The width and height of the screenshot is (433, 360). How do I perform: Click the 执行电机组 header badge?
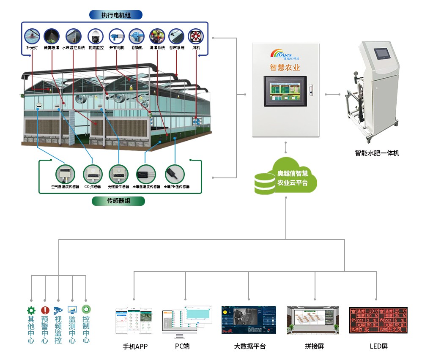tap(116, 15)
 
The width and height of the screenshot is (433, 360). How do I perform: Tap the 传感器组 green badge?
tap(118, 201)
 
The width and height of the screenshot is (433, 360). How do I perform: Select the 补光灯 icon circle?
tap(32, 36)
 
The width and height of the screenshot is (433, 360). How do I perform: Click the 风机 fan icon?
tap(196, 36)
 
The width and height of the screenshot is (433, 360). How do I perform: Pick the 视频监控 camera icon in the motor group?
tap(96, 36)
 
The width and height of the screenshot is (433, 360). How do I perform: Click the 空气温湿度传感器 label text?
tap(65, 186)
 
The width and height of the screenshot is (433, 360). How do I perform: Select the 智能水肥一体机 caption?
tap(377, 153)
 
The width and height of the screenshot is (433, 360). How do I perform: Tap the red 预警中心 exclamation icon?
tap(45, 310)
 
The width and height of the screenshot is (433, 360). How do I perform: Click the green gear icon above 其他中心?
tap(31, 310)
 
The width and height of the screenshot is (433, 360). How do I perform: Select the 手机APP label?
tap(135, 346)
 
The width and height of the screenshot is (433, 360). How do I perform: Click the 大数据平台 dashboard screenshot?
tap(249, 320)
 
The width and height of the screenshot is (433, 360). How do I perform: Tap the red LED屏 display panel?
tap(378, 320)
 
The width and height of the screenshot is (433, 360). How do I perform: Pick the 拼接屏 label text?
tap(314, 346)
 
